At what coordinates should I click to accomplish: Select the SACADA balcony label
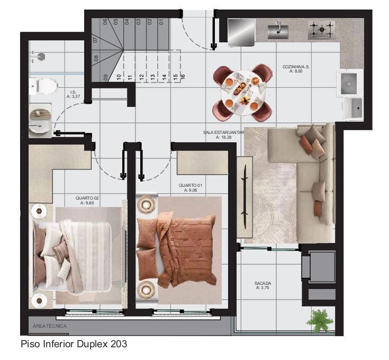pos(263,285)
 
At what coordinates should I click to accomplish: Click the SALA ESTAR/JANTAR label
pos(223,134)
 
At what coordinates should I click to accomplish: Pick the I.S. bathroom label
pos(73,94)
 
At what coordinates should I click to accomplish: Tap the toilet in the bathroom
pos(43,85)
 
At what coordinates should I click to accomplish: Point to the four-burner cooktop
pos(321,30)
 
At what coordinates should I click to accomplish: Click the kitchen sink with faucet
pos(277,31)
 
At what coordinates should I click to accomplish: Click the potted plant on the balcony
pos(320,320)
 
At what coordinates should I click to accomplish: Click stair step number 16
pos(183,76)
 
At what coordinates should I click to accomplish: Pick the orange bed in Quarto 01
pos(177,249)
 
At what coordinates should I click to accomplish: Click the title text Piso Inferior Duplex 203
pos(74,344)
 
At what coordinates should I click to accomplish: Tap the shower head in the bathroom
pos(35,55)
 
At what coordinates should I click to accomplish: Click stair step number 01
pos(160,22)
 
